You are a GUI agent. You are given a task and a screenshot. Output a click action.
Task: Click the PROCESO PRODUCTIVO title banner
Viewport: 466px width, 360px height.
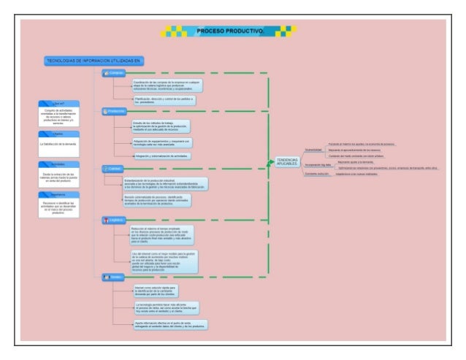(x=229, y=31)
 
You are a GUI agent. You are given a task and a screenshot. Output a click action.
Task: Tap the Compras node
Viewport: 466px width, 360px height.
(x=115, y=73)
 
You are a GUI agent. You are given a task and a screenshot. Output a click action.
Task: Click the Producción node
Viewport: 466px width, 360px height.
(x=115, y=111)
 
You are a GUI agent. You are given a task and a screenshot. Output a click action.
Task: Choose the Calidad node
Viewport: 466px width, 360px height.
(x=114, y=168)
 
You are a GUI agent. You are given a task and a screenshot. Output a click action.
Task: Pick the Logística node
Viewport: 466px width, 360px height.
(x=115, y=219)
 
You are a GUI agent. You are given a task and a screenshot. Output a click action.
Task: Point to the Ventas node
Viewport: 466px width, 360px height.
(x=113, y=277)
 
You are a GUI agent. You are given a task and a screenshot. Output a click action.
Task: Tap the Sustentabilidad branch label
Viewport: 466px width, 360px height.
(x=313, y=149)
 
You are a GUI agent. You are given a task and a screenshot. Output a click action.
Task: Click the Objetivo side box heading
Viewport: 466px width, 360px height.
(x=59, y=134)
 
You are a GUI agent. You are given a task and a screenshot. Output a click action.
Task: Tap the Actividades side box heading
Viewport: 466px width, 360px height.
(x=59, y=164)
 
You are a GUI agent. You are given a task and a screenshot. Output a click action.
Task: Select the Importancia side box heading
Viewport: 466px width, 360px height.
(x=59, y=194)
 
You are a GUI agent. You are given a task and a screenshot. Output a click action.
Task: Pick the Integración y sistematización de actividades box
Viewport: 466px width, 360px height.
(x=161, y=156)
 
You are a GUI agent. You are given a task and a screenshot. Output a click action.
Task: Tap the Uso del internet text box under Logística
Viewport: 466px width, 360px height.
(x=163, y=261)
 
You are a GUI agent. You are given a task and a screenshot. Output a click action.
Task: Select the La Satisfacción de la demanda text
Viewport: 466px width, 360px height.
(x=59, y=144)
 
